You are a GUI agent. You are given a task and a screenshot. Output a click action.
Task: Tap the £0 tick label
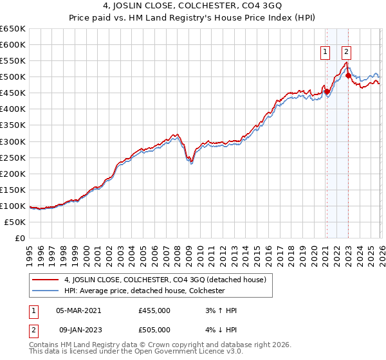point(20,239)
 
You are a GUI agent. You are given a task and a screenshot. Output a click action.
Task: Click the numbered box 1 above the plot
point(326,53)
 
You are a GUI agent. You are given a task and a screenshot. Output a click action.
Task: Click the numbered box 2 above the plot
point(346,53)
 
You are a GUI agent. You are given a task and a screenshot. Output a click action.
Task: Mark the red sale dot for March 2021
point(327,91)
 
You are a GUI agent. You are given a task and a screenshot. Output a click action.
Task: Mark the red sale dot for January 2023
point(348,75)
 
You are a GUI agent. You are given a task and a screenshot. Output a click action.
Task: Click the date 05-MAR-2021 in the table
point(78,310)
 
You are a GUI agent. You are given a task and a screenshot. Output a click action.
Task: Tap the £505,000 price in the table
point(154,330)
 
